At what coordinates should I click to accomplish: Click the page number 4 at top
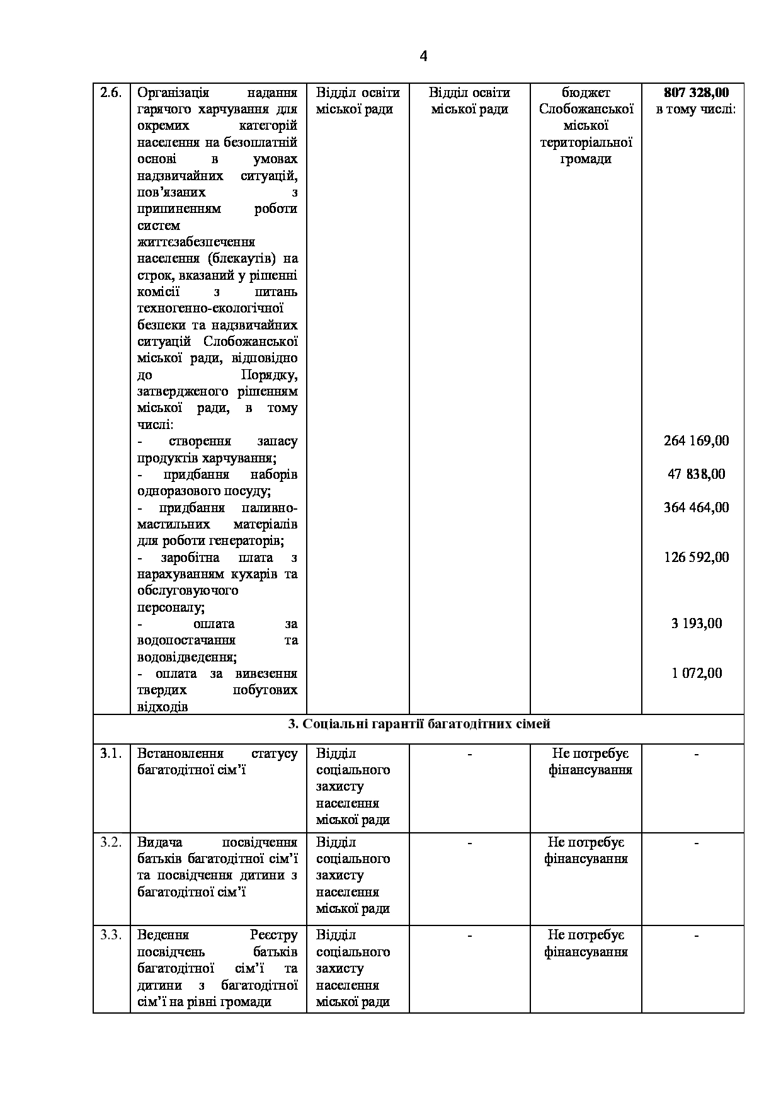click(x=423, y=57)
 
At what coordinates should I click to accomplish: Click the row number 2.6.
click(x=111, y=93)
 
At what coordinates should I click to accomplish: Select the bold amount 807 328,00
click(x=696, y=93)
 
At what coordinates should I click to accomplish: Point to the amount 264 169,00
click(x=696, y=441)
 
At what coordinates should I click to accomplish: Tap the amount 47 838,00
click(x=696, y=474)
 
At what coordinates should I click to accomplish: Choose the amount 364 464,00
click(x=696, y=507)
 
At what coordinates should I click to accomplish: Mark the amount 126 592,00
click(x=696, y=557)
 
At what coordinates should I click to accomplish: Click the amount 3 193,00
click(x=696, y=624)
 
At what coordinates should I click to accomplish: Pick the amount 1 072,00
click(x=696, y=673)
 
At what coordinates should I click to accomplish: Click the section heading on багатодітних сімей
click(x=419, y=724)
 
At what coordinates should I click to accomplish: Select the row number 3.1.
click(x=111, y=753)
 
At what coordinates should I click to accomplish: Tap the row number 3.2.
click(x=111, y=842)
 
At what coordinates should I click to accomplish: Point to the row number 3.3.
click(x=111, y=935)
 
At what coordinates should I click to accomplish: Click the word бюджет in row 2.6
click(x=586, y=93)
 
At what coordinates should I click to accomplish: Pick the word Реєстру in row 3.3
click(x=273, y=935)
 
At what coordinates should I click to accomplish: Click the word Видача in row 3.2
click(x=160, y=842)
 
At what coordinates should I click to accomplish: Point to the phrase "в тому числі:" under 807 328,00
click(x=696, y=110)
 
